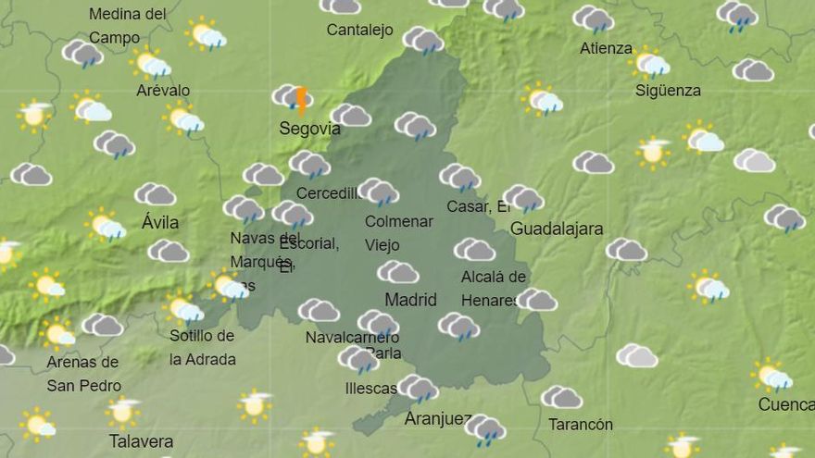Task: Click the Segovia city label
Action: (309, 129)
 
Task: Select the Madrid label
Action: (410, 300)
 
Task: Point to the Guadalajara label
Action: (557, 229)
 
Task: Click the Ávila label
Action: (160, 223)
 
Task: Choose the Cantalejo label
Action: (359, 31)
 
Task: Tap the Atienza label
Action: (606, 48)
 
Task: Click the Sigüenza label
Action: (668, 91)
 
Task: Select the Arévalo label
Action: (163, 91)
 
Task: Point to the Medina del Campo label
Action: (128, 26)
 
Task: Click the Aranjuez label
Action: (438, 419)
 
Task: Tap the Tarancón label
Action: (581, 425)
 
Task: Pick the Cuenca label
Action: (785, 404)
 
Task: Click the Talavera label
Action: (141, 441)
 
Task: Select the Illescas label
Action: (370, 389)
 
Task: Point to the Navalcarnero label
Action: (345, 338)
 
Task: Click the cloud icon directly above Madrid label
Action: (397, 272)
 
